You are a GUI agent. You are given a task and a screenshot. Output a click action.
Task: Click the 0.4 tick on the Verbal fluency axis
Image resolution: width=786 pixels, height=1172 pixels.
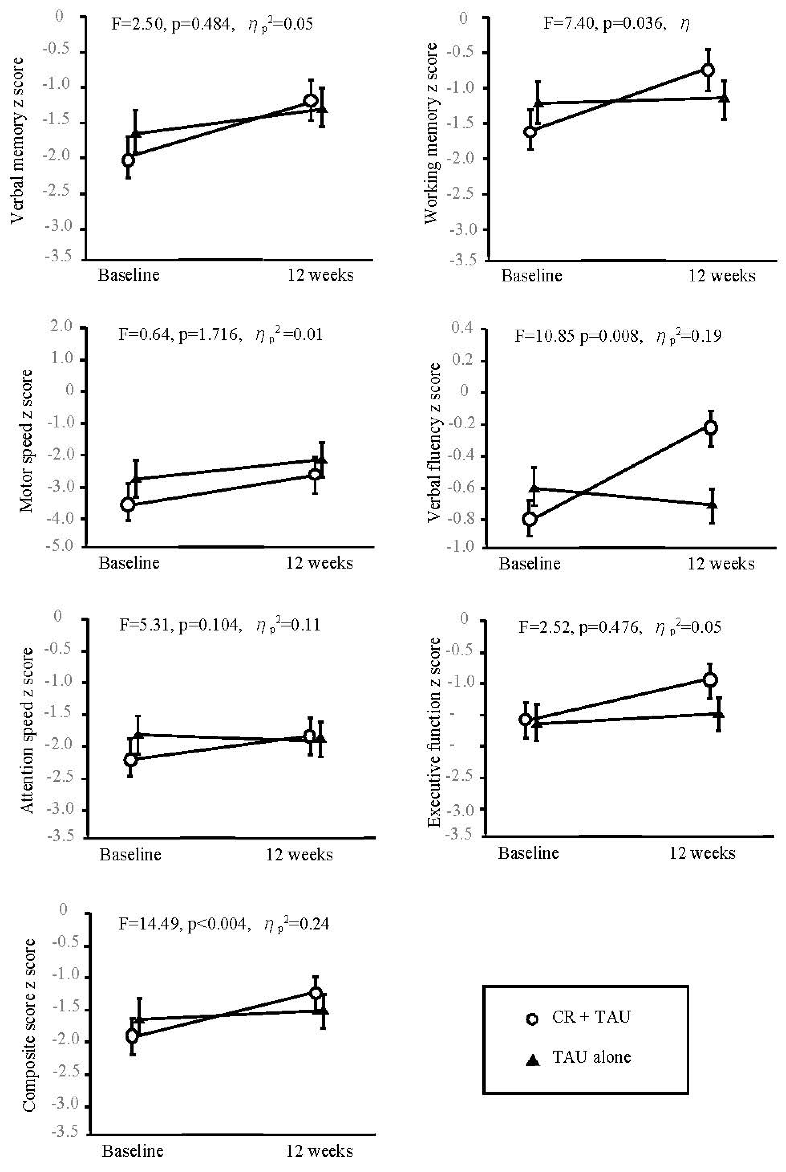click(x=462, y=328)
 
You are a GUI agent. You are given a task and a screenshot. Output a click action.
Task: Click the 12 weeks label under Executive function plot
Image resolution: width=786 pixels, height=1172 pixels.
click(x=702, y=853)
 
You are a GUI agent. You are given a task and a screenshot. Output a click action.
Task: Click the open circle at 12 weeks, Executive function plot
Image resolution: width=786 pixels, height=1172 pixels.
click(x=710, y=680)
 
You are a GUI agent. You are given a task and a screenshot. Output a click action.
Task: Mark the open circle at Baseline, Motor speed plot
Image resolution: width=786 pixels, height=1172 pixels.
click(x=128, y=504)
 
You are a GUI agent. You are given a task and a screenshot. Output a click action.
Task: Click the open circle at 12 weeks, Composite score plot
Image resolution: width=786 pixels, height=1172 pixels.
click(x=316, y=993)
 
